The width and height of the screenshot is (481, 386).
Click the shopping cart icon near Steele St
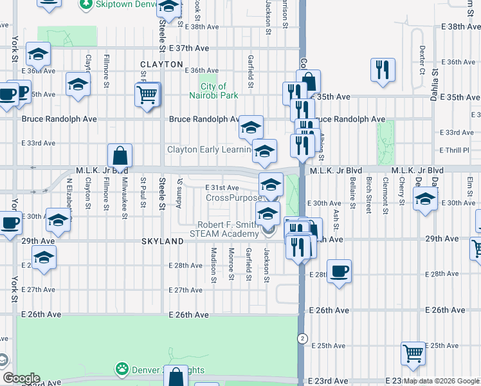click(x=147, y=96)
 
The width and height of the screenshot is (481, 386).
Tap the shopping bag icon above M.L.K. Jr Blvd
click(x=120, y=156)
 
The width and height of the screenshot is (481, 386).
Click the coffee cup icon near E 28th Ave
click(x=339, y=271)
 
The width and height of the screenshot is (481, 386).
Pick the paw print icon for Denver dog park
click(x=122, y=369)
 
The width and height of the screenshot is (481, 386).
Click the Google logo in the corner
click(x=21, y=378)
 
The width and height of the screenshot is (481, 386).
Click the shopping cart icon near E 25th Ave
click(x=413, y=353)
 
